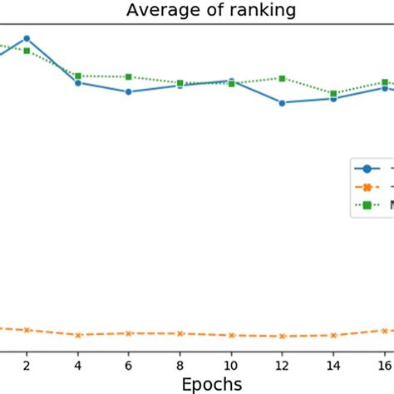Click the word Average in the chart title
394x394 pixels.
[x=159, y=11]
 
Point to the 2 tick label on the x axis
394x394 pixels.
[x=27, y=364]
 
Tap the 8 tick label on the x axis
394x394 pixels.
[x=180, y=364]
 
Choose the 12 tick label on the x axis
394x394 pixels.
[x=283, y=364]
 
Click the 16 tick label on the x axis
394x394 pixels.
[x=385, y=364]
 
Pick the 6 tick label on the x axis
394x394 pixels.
[x=129, y=364]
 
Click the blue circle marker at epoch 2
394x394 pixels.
[x=27, y=38]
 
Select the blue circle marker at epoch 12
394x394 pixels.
[x=283, y=103]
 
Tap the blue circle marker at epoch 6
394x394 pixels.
[x=129, y=92]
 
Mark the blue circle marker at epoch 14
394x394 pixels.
[x=333, y=99]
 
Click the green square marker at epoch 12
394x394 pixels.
[x=283, y=78]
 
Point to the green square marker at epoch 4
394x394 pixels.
[x=77, y=76]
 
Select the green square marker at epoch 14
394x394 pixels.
[x=333, y=94]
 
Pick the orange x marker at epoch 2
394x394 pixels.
[x=27, y=330]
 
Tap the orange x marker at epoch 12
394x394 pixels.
[x=283, y=337]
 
